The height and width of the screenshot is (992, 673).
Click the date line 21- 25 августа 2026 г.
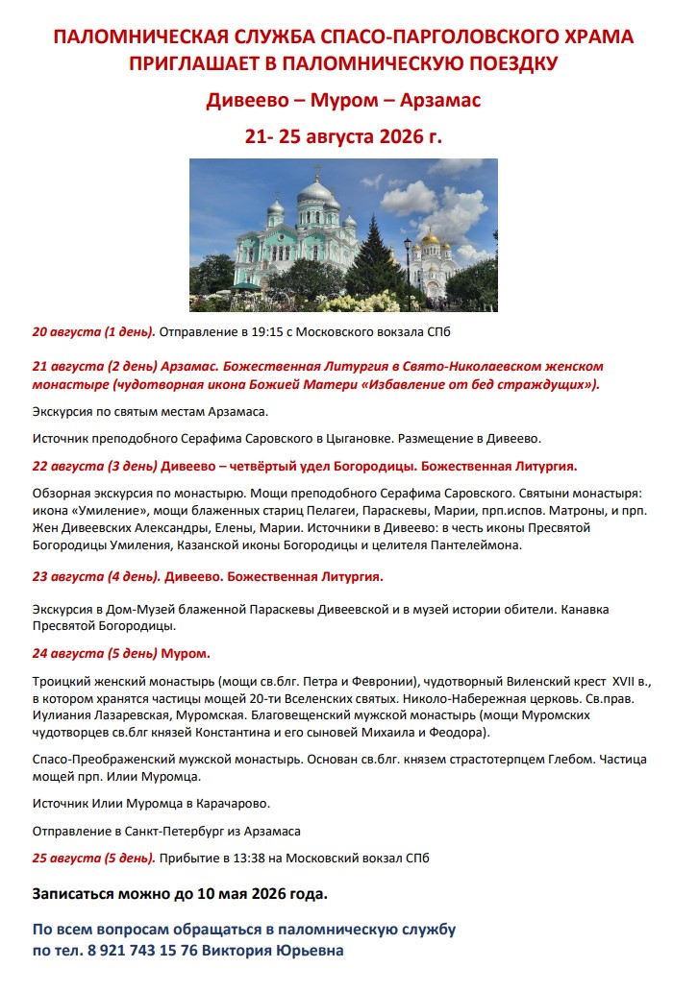coord(343,135)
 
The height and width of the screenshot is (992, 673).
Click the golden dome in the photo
coord(430,239)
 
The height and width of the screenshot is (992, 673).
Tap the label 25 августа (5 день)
coord(93,858)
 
